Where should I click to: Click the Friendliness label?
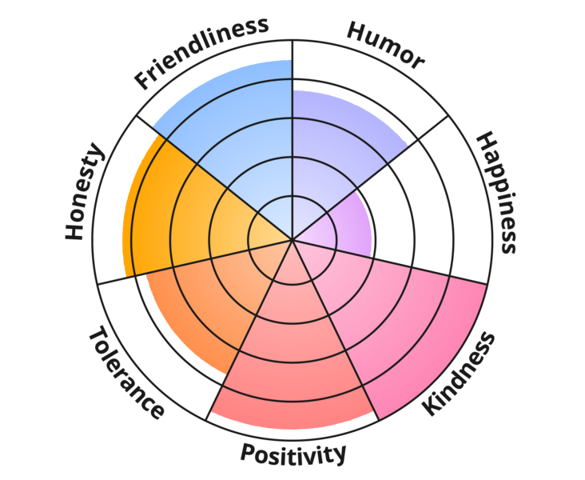pos(201,53)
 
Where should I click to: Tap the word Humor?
pos(385,46)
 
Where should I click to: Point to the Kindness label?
pos(459,374)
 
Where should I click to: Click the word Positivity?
pos(292,454)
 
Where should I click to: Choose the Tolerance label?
pos(126,372)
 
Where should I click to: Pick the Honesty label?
pos(85,191)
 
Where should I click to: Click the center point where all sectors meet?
pos(292,239)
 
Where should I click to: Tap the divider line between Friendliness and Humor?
pos(292,140)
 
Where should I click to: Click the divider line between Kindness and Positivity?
pos(336,330)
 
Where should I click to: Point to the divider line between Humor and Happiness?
pos(371,178)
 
